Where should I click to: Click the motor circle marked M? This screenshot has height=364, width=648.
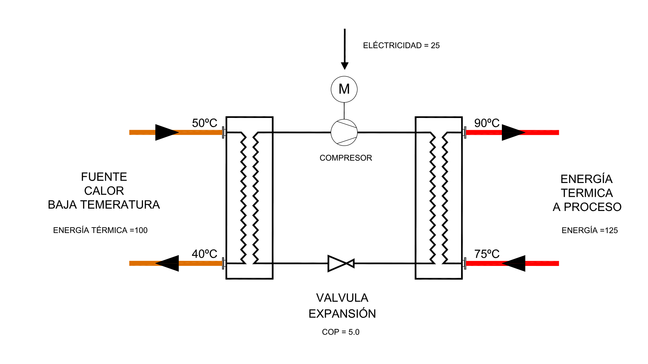click(x=344, y=89)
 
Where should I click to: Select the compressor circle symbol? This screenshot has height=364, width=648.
click(x=344, y=132)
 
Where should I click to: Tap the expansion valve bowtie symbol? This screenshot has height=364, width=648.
click(x=341, y=263)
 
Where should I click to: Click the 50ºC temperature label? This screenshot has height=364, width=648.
click(x=205, y=123)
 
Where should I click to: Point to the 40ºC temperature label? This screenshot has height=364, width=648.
click(x=205, y=254)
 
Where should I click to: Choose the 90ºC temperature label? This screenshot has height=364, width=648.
click(x=487, y=123)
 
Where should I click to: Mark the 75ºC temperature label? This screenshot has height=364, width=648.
click(x=487, y=254)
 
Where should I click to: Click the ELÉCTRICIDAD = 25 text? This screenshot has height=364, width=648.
click(x=401, y=45)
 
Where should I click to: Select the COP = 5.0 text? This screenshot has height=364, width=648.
click(x=341, y=332)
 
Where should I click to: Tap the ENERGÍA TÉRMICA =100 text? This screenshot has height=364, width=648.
click(x=100, y=230)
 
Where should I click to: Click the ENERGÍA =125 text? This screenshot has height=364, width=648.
click(x=590, y=231)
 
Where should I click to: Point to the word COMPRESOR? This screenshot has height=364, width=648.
click(x=346, y=158)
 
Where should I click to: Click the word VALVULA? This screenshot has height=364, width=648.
click(x=342, y=298)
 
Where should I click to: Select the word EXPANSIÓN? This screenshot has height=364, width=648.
click(x=342, y=314)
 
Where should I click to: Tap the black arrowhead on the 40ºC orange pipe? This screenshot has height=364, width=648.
click(x=168, y=263)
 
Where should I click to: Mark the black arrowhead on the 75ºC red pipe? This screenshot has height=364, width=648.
click(x=514, y=263)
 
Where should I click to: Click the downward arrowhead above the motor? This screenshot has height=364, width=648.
click(x=345, y=65)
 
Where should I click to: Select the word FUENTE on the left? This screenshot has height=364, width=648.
click(x=104, y=177)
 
